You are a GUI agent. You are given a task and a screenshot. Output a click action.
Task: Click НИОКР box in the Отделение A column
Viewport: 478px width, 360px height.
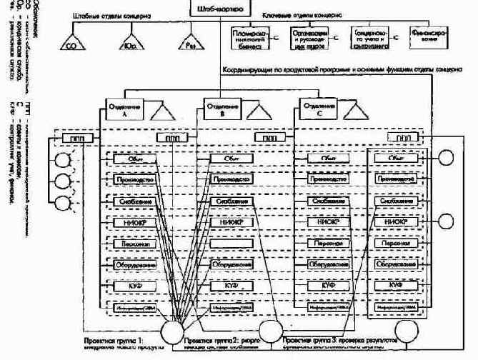(129, 222)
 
